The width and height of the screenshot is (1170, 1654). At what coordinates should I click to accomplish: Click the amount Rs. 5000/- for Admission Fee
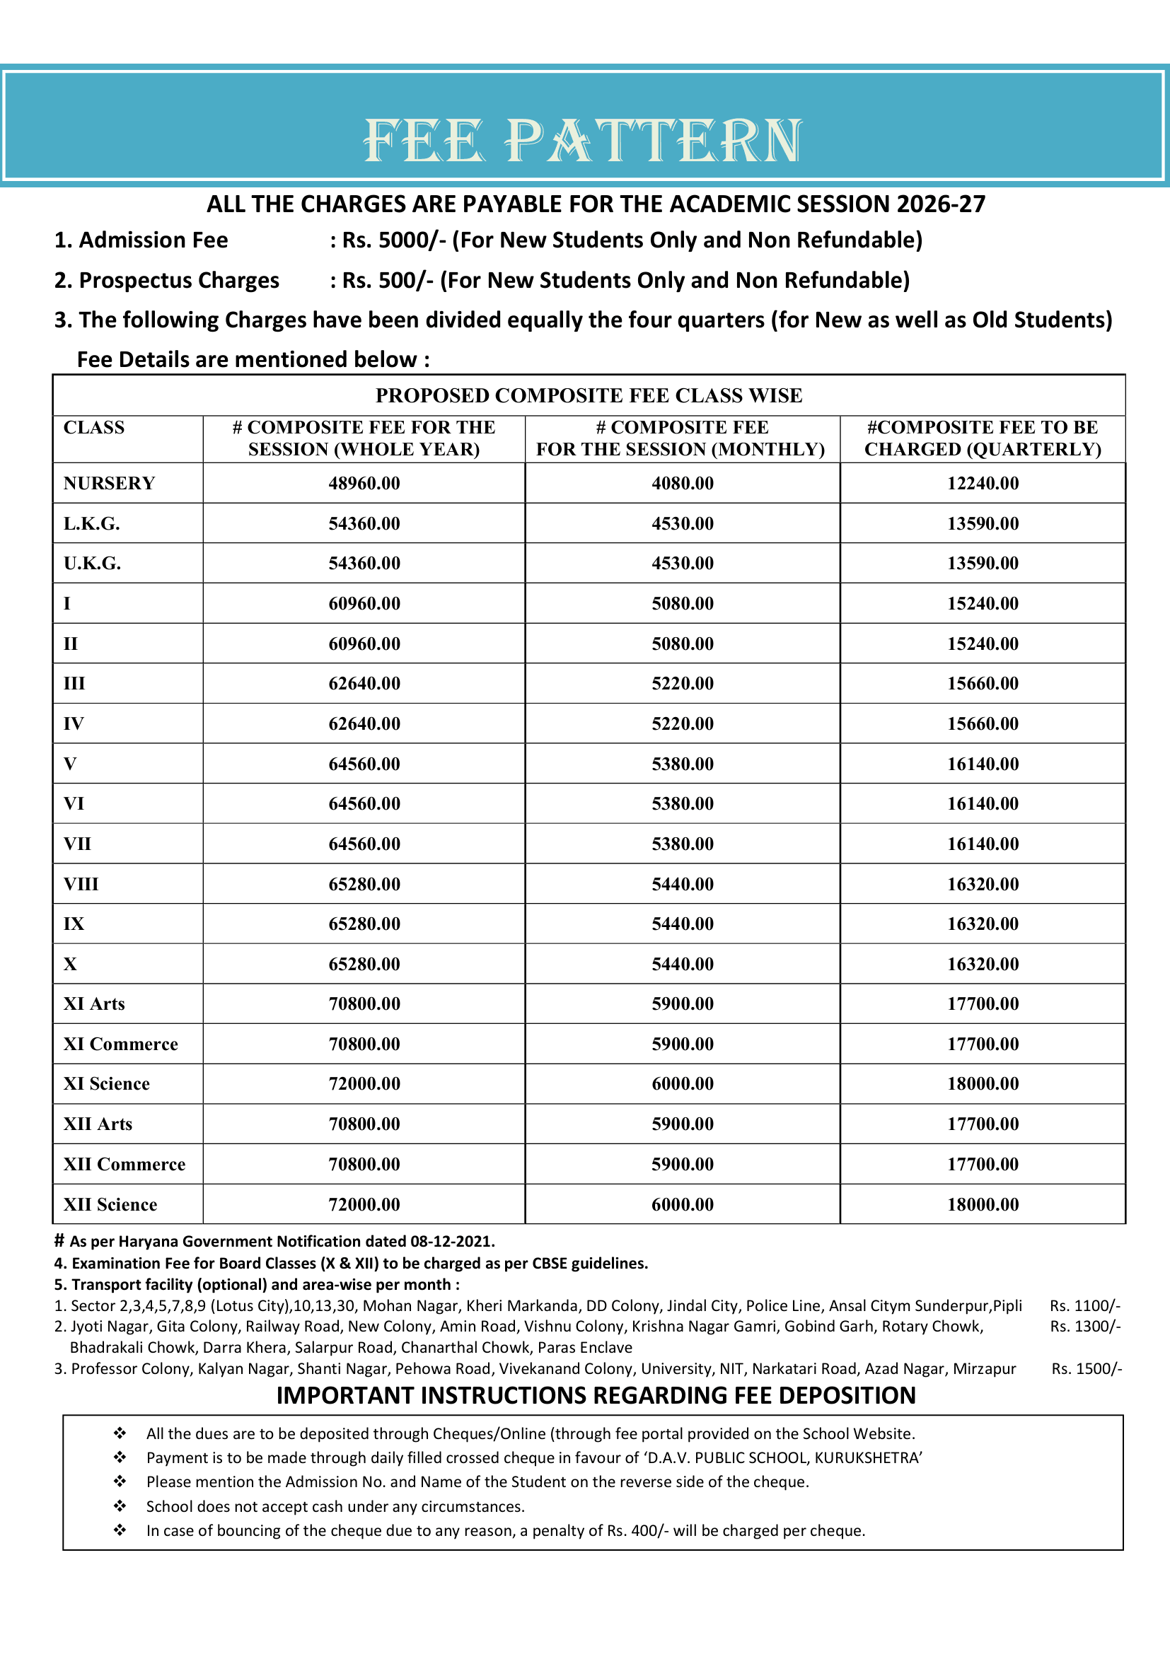coord(393,240)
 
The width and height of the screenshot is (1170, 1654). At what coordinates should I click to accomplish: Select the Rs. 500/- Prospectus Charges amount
coord(387,280)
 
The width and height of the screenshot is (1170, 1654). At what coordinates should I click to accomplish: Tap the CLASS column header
coord(93,428)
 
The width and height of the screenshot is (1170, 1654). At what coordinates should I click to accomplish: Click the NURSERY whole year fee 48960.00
coord(364,484)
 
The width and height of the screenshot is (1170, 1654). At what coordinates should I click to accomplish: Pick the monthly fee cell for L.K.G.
coord(682,524)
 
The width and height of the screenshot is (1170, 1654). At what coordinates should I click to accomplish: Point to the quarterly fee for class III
coord(983,684)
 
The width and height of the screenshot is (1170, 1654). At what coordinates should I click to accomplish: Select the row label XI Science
coord(107,1084)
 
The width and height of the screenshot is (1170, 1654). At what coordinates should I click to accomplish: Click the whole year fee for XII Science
coord(364,1204)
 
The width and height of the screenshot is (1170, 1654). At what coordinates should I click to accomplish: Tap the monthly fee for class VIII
coord(682,884)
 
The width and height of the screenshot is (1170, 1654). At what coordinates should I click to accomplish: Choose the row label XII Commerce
coord(124,1164)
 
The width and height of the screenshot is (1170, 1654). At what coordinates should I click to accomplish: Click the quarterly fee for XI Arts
coord(983,1004)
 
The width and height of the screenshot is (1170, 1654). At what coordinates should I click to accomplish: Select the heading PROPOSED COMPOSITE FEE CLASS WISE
coord(589,395)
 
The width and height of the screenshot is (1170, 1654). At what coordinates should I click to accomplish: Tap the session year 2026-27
coord(941,204)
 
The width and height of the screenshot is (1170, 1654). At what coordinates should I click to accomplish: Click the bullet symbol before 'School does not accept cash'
coord(120,1506)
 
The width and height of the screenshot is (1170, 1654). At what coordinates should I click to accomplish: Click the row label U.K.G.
coord(91,564)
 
